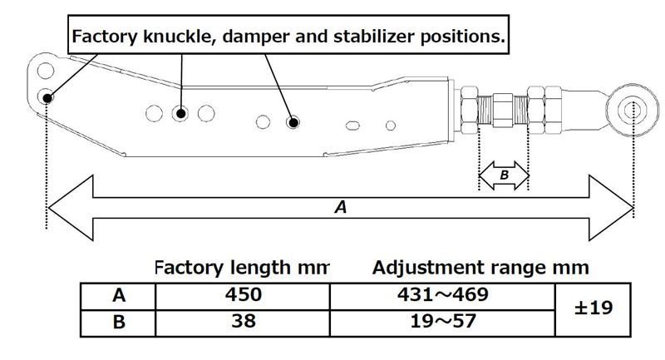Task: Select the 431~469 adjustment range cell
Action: (441, 295)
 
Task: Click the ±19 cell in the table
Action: (593, 308)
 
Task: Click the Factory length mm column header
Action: (241, 268)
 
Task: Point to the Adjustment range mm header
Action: (480, 268)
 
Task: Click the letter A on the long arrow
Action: (340, 209)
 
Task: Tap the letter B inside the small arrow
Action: (504, 175)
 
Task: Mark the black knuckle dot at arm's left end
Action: (47, 97)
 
